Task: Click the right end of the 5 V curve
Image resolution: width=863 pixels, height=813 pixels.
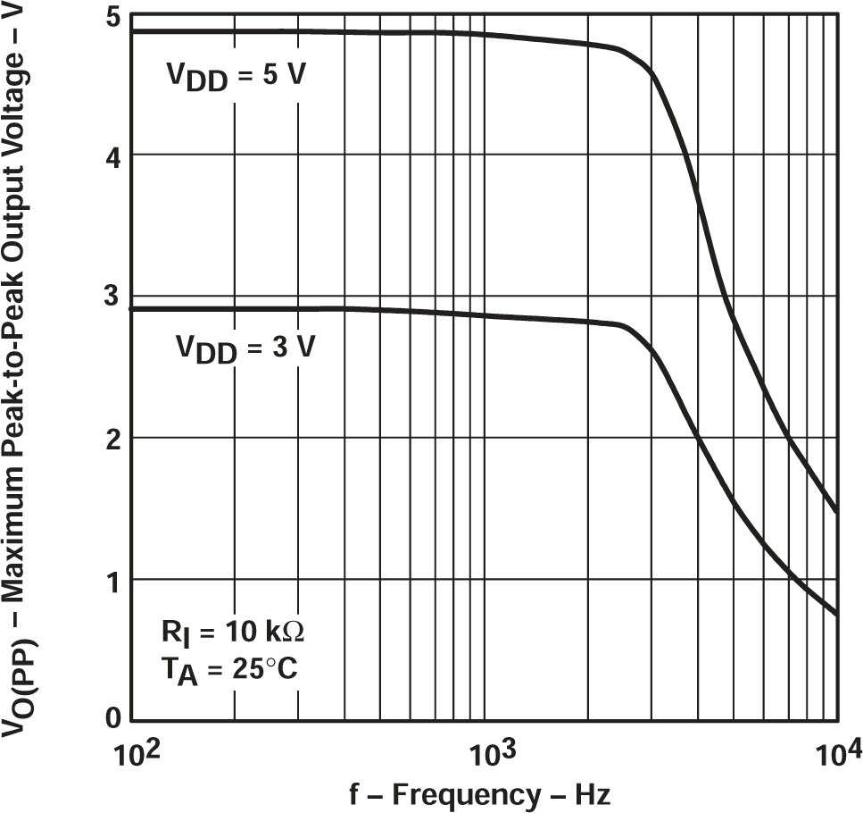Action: tap(836, 512)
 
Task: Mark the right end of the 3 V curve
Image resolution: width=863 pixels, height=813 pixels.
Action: tap(836, 614)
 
